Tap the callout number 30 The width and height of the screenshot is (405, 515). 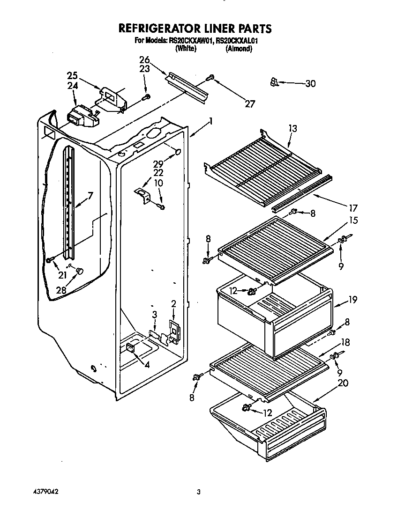coord(310,84)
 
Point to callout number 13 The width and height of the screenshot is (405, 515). coord(292,128)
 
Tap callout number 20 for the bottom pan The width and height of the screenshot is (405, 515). coord(343,383)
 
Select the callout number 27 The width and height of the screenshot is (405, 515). coord(250,104)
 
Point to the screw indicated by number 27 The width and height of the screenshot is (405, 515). coord(211,78)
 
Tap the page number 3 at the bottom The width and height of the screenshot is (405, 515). coord(199,492)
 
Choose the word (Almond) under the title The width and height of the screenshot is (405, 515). coord(239,48)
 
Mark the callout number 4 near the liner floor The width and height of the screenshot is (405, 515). coord(147,365)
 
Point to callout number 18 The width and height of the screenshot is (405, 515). coord(345,343)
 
